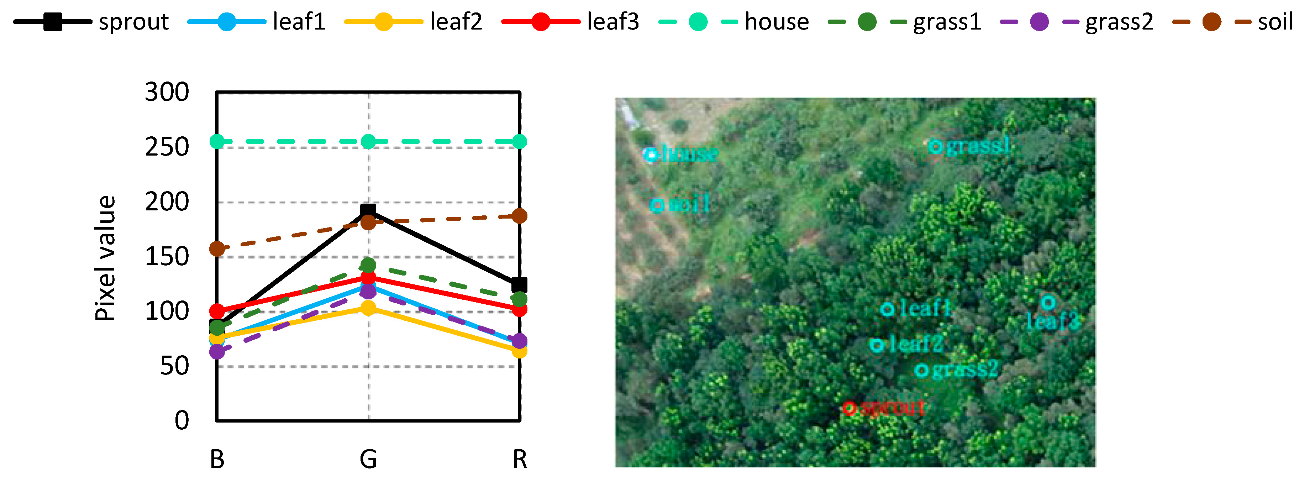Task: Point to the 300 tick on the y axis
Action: coord(167,92)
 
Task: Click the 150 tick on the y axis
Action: coord(167,257)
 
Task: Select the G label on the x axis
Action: coord(368,459)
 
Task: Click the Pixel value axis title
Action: coord(105,258)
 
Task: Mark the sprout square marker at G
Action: coord(368,211)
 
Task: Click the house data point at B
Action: coord(217,142)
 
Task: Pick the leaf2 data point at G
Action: coord(368,308)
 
